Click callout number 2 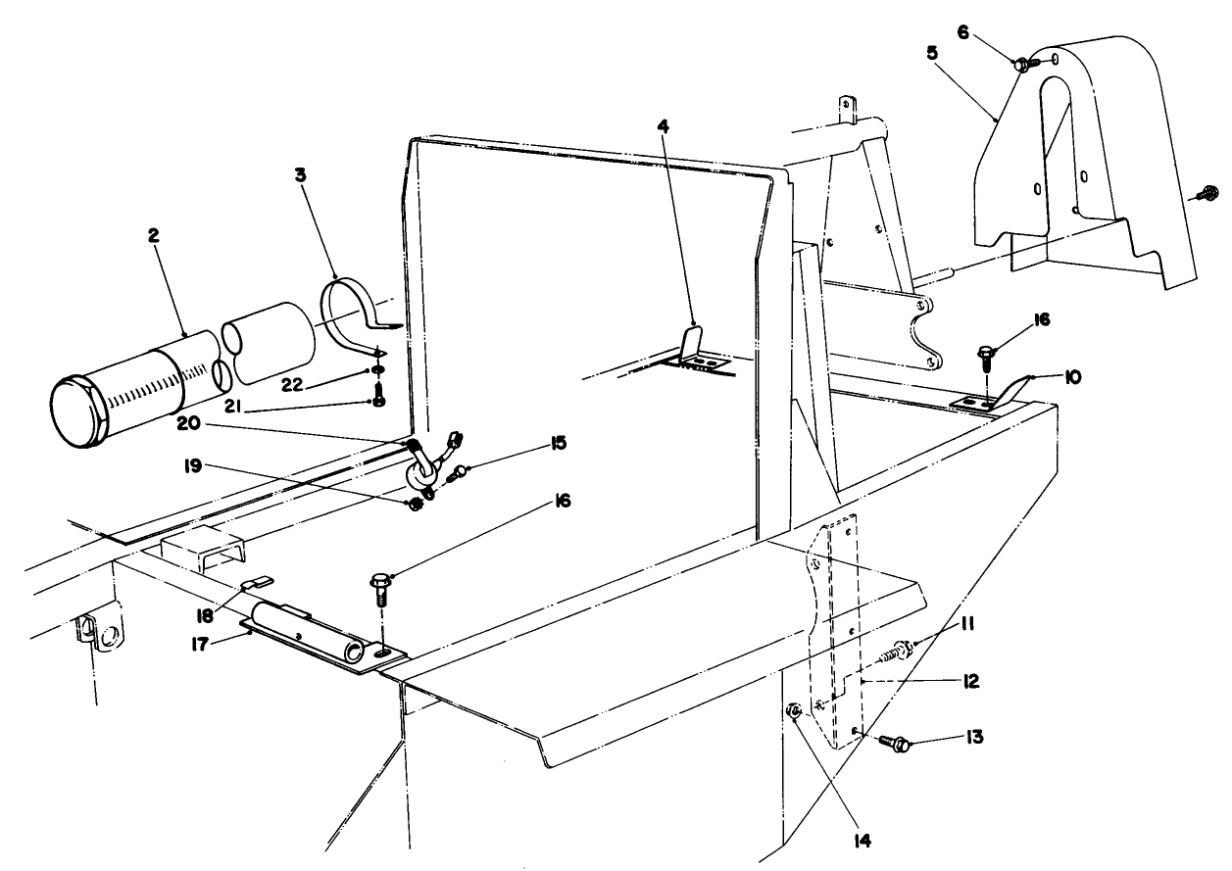tap(155, 237)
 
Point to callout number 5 tap(931, 50)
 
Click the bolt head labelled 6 tap(1020, 64)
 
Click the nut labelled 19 tap(416, 505)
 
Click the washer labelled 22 tap(378, 371)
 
